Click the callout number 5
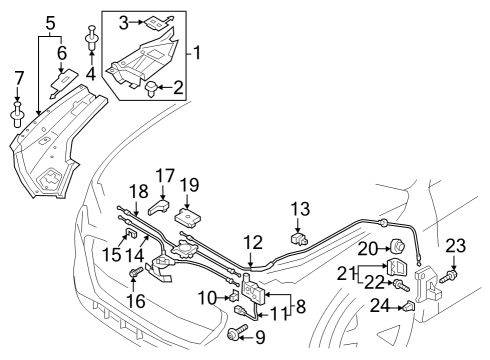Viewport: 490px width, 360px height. tap(50, 23)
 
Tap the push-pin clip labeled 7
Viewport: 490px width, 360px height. tap(17, 114)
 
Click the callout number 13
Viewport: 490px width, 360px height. tap(300, 210)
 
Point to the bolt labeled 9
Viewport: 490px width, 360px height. tap(237, 332)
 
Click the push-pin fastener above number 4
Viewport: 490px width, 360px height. tap(92, 38)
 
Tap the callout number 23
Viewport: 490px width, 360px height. tap(456, 246)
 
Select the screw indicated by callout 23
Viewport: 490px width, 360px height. tap(448, 277)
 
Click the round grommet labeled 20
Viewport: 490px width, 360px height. tap(397, 247)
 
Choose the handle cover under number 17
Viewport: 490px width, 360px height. tap(159, 207)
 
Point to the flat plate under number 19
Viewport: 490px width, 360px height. tap(188, 218)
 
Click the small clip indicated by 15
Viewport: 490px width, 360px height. tap(131, 233)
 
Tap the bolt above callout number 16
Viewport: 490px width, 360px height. tap(135, 273)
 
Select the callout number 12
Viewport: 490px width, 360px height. tap(253, 243)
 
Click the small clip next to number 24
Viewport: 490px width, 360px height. tap(409, 306)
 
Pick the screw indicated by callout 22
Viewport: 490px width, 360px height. tap(401, 285)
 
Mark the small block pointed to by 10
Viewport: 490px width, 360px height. tap(234, 295)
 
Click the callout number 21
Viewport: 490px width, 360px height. tap(347, 274)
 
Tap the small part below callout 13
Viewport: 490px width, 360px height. tap(299, 239)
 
